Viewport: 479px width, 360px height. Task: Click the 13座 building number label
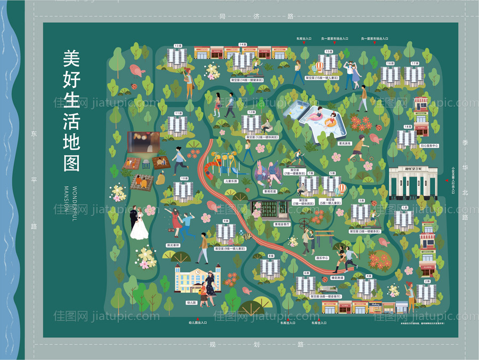178,46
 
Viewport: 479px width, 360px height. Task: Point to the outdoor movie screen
143,142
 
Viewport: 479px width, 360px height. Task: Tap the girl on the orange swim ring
331,121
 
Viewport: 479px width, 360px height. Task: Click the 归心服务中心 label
428,146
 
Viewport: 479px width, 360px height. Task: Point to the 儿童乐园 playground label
231,181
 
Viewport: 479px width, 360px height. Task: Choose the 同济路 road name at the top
256,17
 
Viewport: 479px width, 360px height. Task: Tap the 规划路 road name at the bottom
256,345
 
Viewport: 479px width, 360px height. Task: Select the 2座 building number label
427,281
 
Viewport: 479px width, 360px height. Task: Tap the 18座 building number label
407,126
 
